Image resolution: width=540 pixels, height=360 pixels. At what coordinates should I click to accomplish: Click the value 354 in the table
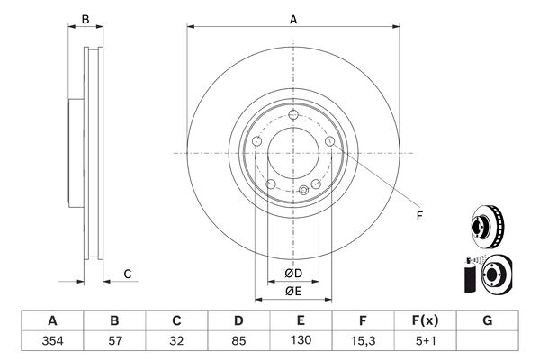(x=52, y=341)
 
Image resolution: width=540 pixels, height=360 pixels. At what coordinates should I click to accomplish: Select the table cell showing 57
(x=114, y=341)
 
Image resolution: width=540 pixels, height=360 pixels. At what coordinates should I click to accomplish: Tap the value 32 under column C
(x=176, y=341)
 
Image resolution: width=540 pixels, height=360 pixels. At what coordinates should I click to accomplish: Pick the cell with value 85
(x=238, y=341)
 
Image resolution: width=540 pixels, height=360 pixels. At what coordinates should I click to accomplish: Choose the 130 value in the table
(x=301, y=340)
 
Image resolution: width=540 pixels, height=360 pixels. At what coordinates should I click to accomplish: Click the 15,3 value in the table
(x=363, y=341)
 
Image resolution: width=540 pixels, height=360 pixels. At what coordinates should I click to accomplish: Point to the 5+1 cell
(x=426, y=341)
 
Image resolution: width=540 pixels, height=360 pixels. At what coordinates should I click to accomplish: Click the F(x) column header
(x=426, y=320)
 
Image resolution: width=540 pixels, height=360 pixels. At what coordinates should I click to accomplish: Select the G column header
(x=487, y=320)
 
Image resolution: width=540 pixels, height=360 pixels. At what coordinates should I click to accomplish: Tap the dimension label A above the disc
(x=293, y=20)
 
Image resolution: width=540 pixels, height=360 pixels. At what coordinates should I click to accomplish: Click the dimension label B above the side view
(x=85, y=20)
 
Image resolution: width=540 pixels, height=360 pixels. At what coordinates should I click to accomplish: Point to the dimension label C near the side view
(x=128, y=274)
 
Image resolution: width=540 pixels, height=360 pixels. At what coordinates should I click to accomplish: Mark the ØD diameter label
(x=293, y=274)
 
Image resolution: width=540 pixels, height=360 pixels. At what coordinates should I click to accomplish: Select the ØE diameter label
(x=293, y=292)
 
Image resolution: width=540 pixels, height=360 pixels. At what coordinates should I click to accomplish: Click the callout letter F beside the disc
(x=419, y=216)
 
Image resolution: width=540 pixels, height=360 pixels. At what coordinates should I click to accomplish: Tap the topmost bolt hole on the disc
(x=293, y=114)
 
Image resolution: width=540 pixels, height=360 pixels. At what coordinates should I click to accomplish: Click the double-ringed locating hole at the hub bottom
(x=304, y=190)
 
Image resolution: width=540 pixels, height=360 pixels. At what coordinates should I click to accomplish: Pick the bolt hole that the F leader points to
(x=330, y=141)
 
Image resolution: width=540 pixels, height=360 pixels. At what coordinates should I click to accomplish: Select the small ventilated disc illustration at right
(x=487, y=226)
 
